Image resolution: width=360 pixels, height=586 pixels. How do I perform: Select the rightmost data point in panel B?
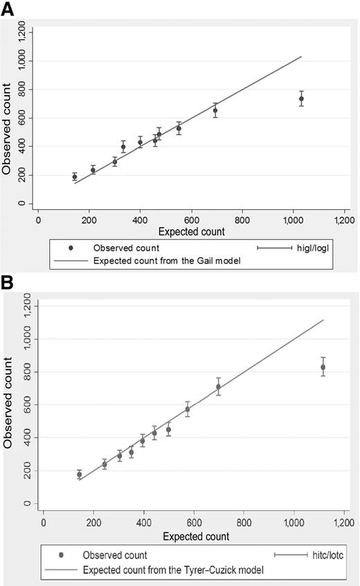323,367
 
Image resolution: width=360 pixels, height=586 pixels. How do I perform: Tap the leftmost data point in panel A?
75,177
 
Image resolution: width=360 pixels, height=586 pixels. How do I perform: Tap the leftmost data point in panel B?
80,474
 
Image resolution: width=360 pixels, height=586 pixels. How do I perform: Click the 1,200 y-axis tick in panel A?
26,32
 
